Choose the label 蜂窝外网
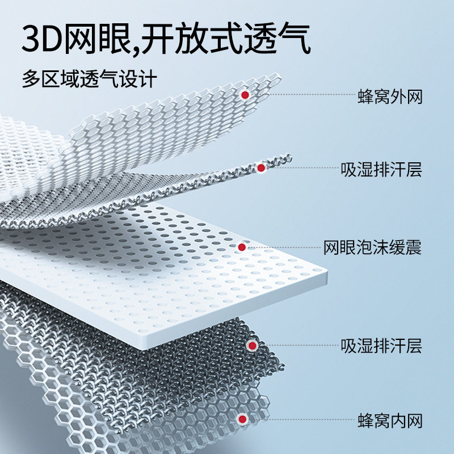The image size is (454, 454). [x=390, y=96]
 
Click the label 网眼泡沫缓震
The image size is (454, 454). [x=372, y=247]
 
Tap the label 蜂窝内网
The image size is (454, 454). [x=390, y=421]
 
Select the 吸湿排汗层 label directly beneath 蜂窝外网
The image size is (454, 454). [x=381, y=169]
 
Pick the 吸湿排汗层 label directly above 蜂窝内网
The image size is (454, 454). [x=381, y=346]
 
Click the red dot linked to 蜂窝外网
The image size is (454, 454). [x=245, y=95]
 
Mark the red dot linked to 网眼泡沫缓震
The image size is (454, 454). [x=242, y=247]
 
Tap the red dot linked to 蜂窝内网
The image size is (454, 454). [x=242, y=419]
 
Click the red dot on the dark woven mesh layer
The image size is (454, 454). [x=253, y=346]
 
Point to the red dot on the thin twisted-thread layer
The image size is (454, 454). [x=261, y=168]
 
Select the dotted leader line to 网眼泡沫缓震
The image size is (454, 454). [x=283, y=247]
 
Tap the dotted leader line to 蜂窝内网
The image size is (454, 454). [x=301, y=419]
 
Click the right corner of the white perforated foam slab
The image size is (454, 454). [x=327, y=272]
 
